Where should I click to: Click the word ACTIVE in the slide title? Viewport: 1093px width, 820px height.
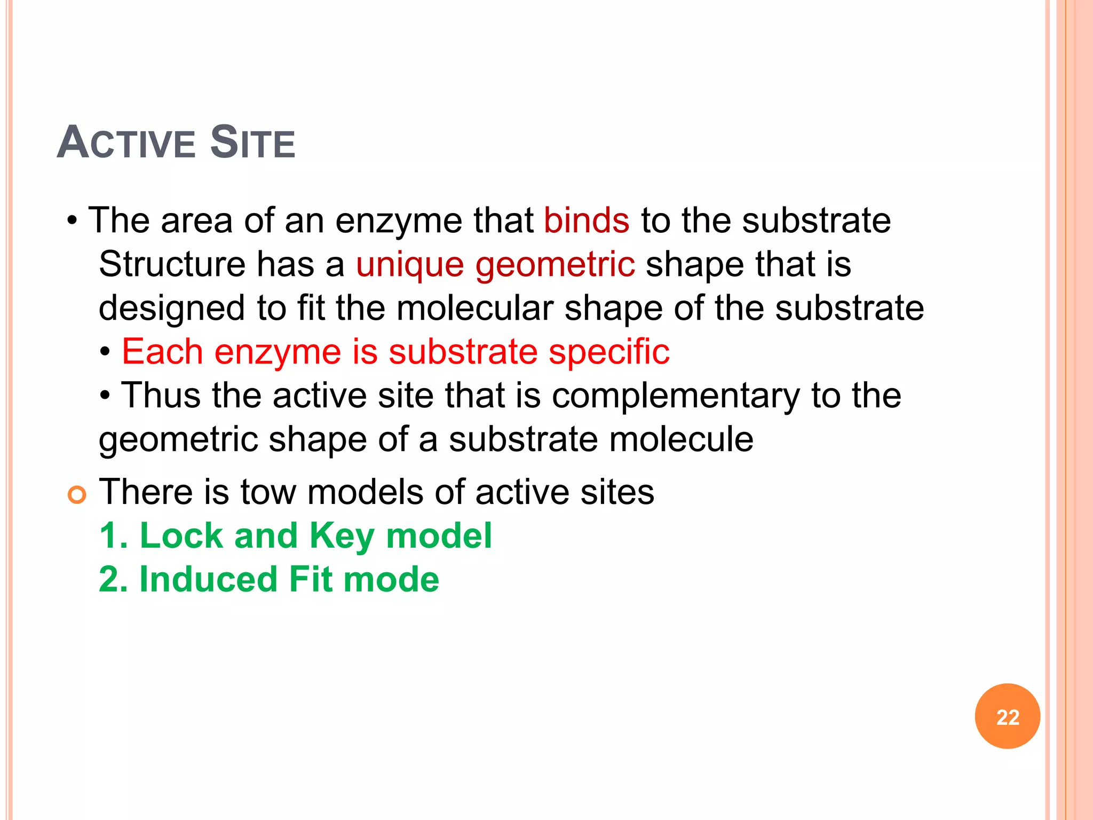pyautogui.click(x=126, y=143)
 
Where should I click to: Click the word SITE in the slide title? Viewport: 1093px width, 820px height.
pyautogui.click(x=252, y=143)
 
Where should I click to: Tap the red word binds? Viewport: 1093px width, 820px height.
pyautogui.click(x=587, y=220)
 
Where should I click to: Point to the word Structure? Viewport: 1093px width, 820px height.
pyautogui.click(x=172, y=264)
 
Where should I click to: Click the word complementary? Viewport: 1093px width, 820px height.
pyautogui.click(x=676, y=396)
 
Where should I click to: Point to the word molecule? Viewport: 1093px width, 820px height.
pyautogui.click(x=681, y=439)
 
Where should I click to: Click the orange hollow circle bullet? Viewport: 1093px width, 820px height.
pyautogui.click(x=77, y=495)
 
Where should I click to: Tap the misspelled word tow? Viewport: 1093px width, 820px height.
pyautogui.click(x=268, y=492)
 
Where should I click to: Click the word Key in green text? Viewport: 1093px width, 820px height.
pyautogui.click(x=342, y=535)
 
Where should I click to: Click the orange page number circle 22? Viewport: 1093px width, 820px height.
pyautogui.click(x=1007, y=716)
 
